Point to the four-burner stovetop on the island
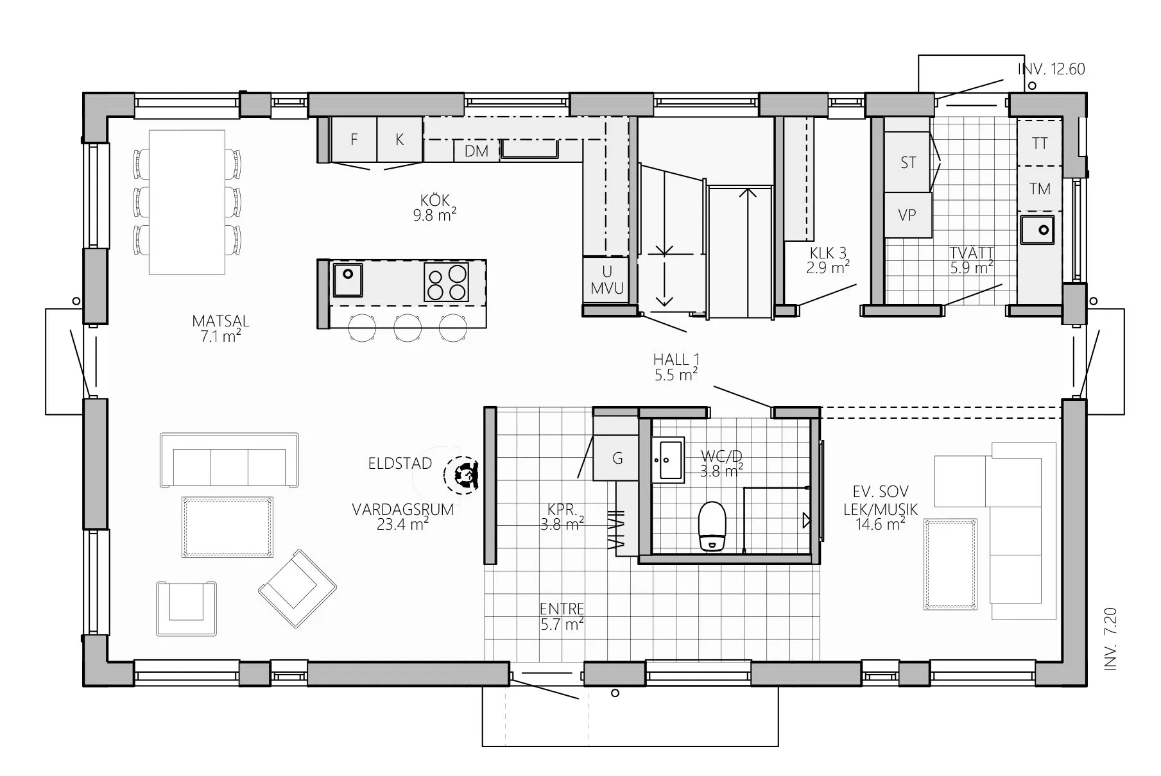click(446, 282)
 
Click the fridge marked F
click(354, 139)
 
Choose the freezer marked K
click(399, 139)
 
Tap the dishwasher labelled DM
click(477, 151)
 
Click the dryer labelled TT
click(1039, 142)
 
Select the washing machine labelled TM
click(1039, 189)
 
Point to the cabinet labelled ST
click(907, 162)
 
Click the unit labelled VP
click(907, 215)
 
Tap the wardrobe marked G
click(617, 458)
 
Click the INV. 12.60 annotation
click(1051, 69)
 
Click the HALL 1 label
click(676, 360)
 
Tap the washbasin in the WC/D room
click(668, 459)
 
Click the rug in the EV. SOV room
click(950, 564)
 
